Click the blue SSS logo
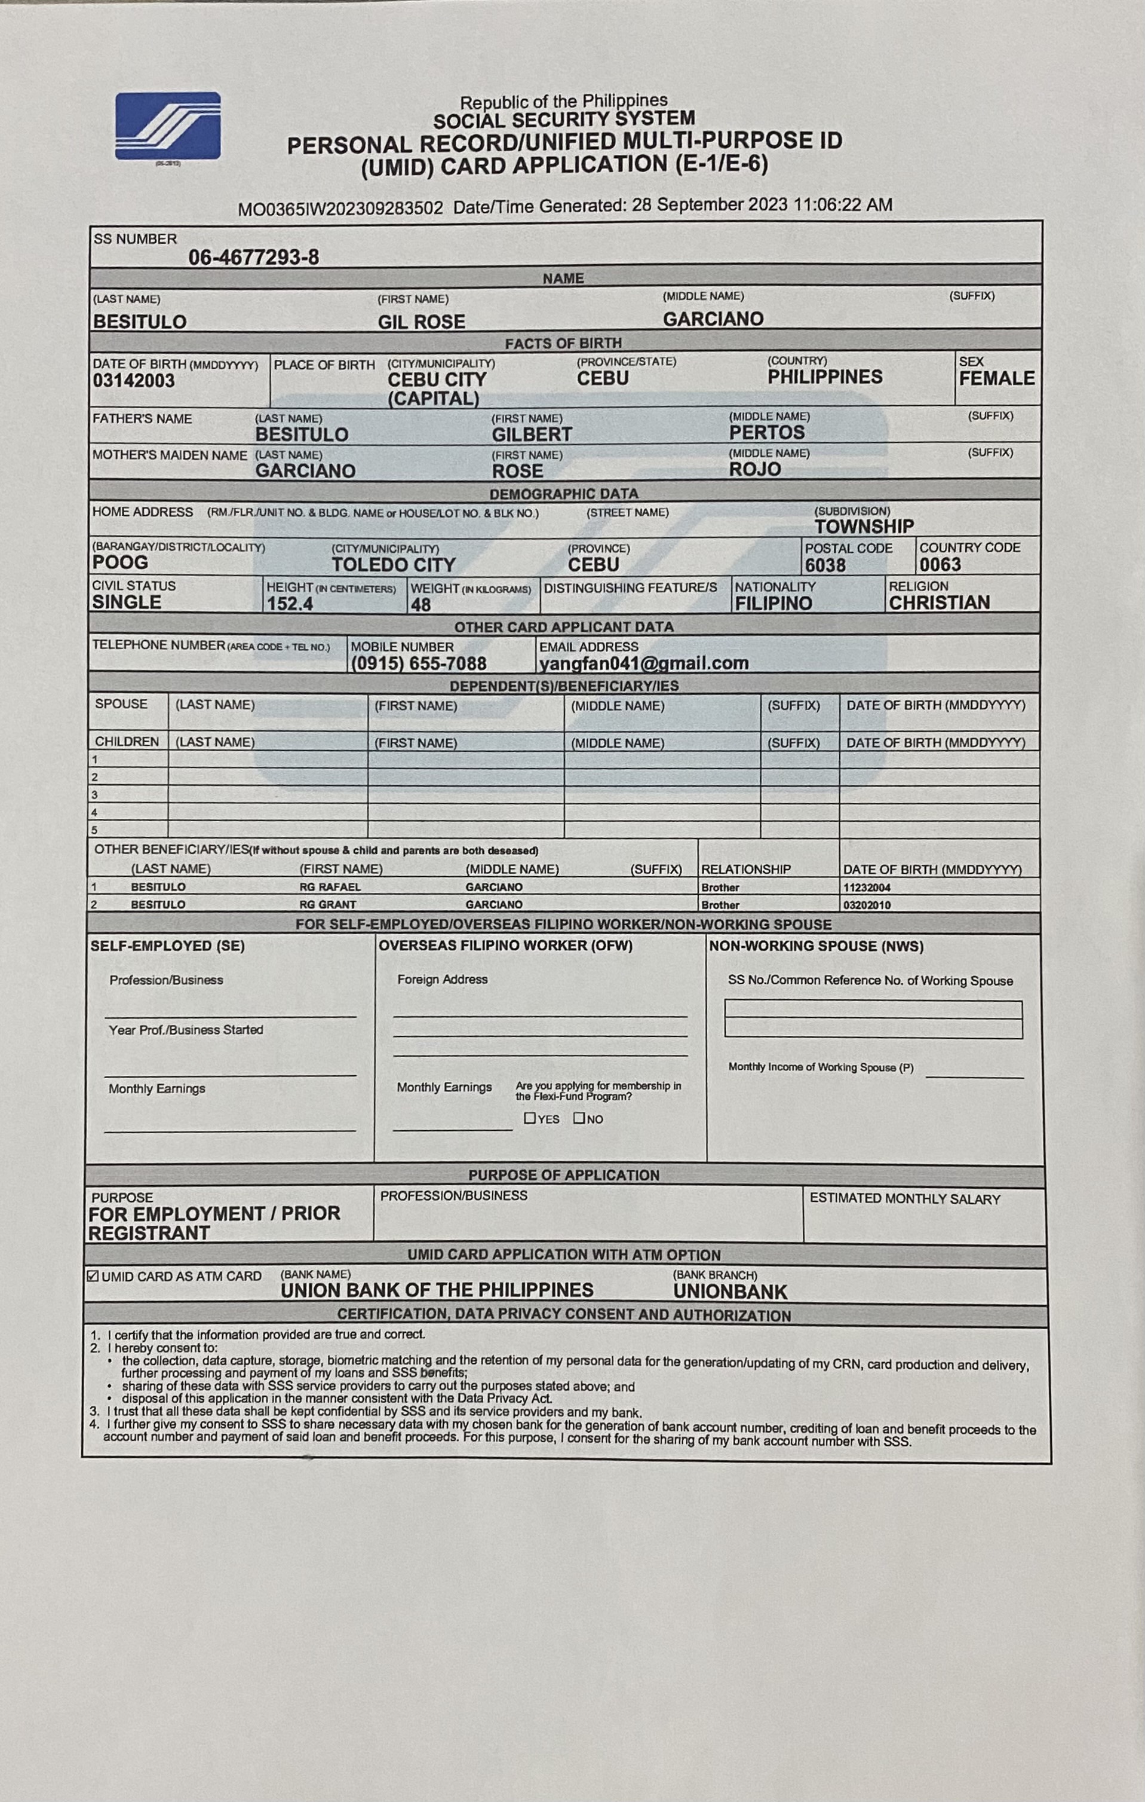point(167,125)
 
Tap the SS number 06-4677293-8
point(253,258)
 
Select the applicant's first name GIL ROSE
point(421,322)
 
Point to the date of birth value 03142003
point(134,381)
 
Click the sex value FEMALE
point(996,379)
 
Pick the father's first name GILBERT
point(532,435)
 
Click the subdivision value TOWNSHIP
point(864,527)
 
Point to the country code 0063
point(940,565)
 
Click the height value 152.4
point(290,604)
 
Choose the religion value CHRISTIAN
point(940,603)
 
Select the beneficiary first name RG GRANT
point(327,905)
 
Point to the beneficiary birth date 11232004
point(867,888)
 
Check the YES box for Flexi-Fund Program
point(530,1118)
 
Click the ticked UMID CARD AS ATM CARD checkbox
point(93,1276)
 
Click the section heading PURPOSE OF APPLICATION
point(564,1175)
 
